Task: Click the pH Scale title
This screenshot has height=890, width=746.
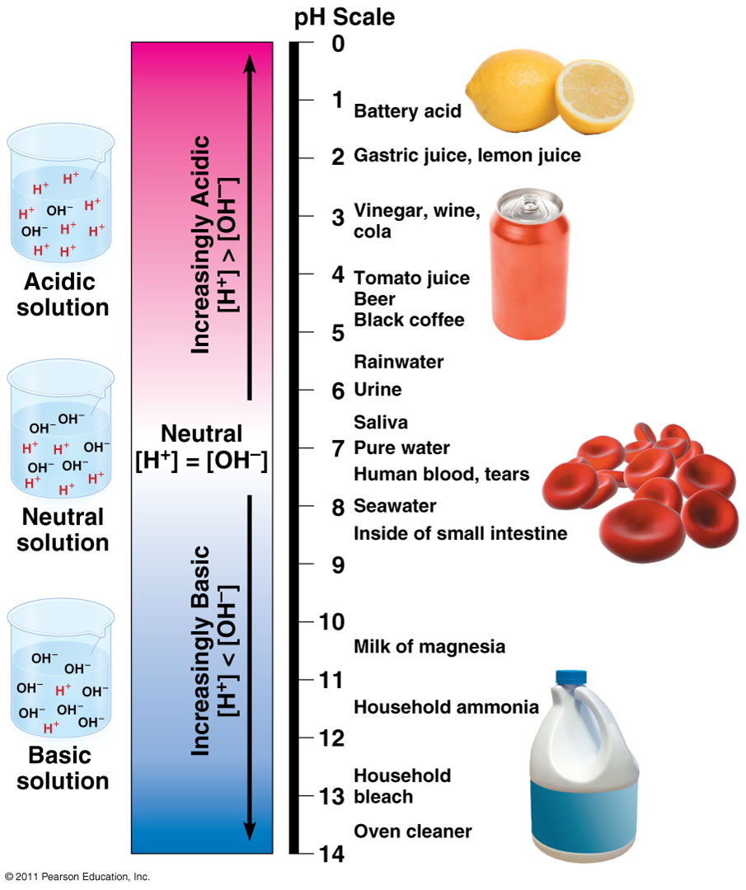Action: pyautogui.click(x=344, y=16)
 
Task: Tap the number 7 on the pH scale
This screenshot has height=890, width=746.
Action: pyautogui.click(x=338, y=449)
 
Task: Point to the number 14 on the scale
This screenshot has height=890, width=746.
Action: pyautogui.click(x=331, y=854)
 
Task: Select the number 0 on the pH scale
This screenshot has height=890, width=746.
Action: pyautogui.click(x=338, y=44)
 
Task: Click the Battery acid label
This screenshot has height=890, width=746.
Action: pyautogui.click(x=408, y=111)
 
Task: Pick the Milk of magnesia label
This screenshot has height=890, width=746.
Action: pyautogui.click(x=429, y=647)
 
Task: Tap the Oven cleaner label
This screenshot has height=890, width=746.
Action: pyautogui.click(x=413, y=831)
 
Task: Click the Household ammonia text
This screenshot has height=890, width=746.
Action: pyautogui.click(x=446, y=707)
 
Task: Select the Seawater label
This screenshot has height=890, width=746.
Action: pyautogui.click(x=395, y=506)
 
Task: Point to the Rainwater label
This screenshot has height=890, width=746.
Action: pyautogui.click(x=398, y=362)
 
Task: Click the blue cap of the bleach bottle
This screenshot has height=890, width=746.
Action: pyautogui.click(x=571, y=677)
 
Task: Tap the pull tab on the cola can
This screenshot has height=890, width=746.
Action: pyautogui.click(x=530, y=202)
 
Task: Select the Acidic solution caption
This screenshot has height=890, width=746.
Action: pyautogui.click(x=63, y=294)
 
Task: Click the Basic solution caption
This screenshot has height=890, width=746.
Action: pyautogui.click(x=63, y=768)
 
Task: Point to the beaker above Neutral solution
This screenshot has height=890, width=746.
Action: pyautogui.click(x=61, y=428)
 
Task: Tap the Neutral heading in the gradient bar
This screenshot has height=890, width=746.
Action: pyautogui.click(x=202, y=433)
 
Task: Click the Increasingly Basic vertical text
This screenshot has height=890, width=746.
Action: pyautogui.click(x=200, y=651)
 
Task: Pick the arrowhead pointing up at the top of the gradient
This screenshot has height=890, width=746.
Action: pyautogui.click(x=250, y=63)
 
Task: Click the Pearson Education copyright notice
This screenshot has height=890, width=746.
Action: pyautogui.click(x=77, y=877)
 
